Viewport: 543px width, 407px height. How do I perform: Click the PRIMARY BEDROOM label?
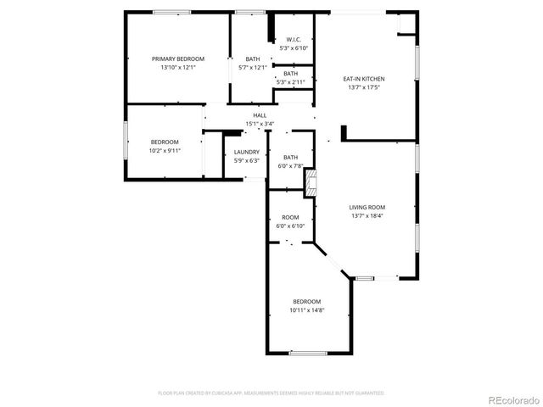click(178, 59)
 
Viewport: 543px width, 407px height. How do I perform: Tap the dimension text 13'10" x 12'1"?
click(178, 67)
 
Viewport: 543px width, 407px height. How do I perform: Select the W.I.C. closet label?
click(294, 40)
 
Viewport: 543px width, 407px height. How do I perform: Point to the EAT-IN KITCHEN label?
click(364, 78)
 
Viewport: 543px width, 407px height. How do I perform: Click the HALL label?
click(260, 115)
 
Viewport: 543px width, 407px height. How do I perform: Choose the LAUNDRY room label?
click(247, 153)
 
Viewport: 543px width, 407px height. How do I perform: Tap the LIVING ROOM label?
click(367, 207)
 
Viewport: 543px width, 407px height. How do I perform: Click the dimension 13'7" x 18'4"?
click(367, 215)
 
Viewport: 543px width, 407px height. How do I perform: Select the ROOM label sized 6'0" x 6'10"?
click(290, 217)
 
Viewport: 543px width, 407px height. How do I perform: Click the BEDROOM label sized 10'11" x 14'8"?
click(307, 302)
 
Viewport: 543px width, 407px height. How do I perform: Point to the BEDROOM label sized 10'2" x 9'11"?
click(165, 142)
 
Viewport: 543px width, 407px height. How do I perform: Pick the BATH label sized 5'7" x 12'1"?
click(253, 59)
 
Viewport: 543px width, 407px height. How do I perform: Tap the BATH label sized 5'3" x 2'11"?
click(290, 74)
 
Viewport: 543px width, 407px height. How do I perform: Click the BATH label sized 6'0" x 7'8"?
click(290, 157)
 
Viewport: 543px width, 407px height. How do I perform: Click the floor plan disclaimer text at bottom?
click(271, 393)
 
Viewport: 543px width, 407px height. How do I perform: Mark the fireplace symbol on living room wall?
click(311, 181)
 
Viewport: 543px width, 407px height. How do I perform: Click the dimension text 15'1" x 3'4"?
click(260, 124)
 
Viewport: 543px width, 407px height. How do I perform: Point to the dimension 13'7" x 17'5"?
click(364, 86)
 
